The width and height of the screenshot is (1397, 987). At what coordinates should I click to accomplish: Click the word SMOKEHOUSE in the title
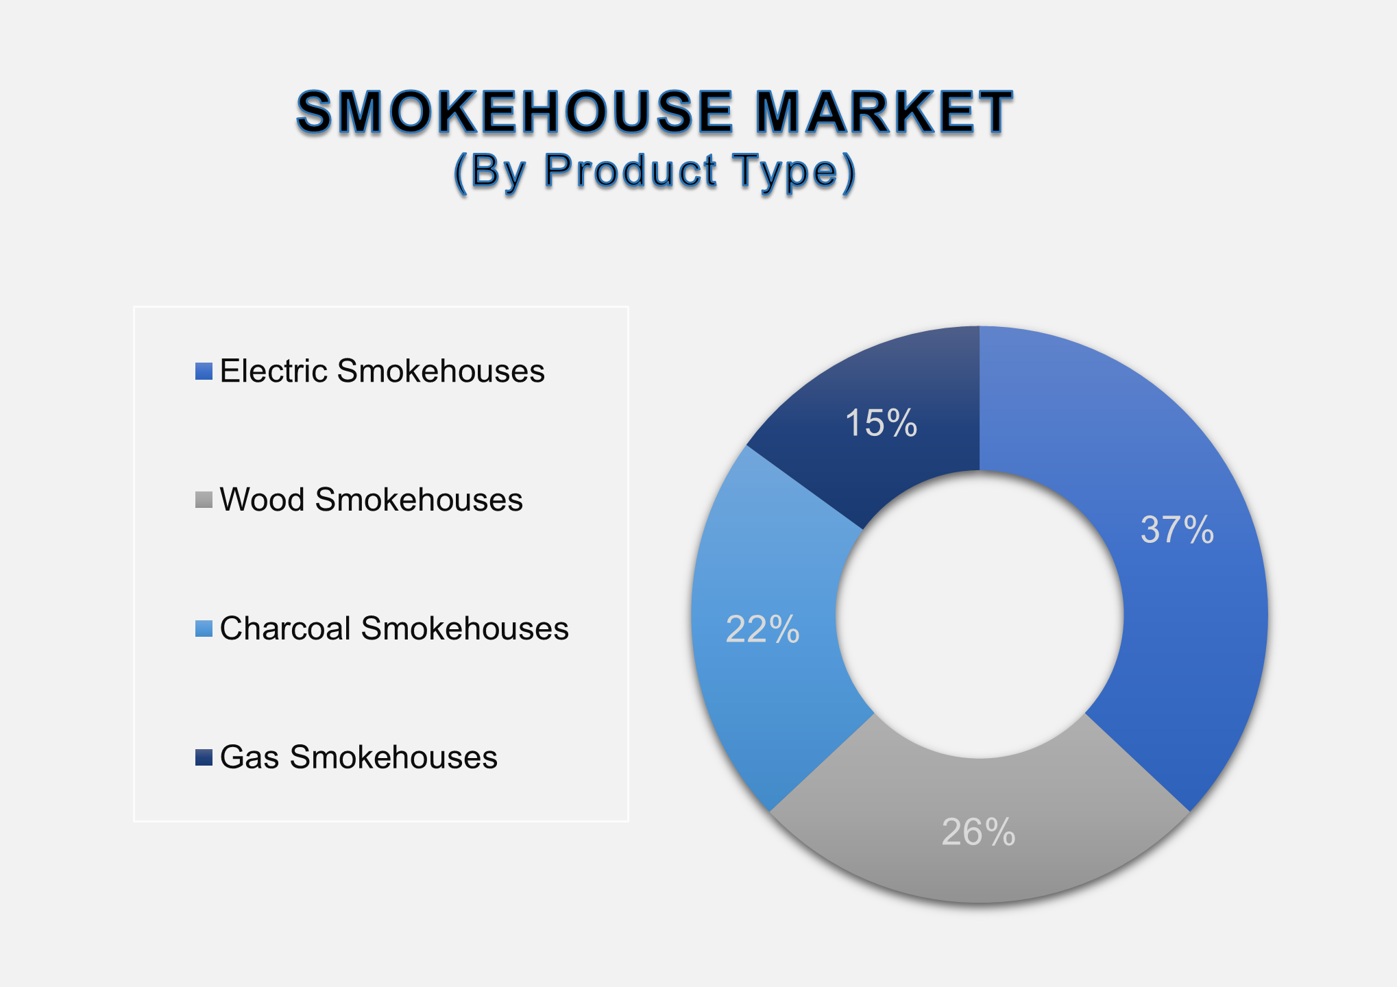click(x=515, y=112)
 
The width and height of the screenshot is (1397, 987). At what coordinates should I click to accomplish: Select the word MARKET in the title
click(x=884, y=112)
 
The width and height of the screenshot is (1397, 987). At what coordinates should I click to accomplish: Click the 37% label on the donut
click(x=1177, y=530)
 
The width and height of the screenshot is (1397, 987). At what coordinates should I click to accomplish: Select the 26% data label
click(x=978, y=833)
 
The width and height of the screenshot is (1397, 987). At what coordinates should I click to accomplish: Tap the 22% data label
click(x=762, y=629)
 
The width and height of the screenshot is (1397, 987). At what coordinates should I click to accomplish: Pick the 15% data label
click(x=881, y=422)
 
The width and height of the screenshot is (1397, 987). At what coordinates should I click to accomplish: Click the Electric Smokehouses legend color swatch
click(x=204, y=371)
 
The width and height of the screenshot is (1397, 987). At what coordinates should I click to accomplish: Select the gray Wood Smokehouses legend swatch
click(x=204, y=500)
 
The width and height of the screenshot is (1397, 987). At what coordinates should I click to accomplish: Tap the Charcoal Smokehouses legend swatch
click(x=204, y=629)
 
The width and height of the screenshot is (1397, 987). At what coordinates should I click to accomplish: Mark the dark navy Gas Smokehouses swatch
click(x=204, y=757)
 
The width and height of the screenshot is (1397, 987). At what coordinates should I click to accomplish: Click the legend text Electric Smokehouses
click(x=382, y=371)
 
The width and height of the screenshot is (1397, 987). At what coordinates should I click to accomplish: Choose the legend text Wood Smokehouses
click(x=371, y=500)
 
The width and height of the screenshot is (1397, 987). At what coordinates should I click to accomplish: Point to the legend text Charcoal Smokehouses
click(x=394, y=629)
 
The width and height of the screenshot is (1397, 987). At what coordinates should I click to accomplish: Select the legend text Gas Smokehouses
click(x=359, y=757)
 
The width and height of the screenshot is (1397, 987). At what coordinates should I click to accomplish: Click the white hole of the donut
click(x=980, y=615)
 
